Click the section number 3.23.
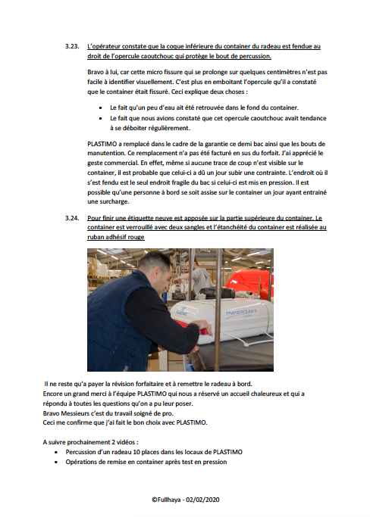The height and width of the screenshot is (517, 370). click(x=72, y=46)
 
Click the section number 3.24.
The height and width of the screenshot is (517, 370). click(x=72, y=218)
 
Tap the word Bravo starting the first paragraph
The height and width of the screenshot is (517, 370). click(x=95, y=72)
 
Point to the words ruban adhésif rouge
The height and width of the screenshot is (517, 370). click(x=116, y=237)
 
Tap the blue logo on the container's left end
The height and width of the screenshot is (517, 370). click(x=181, y=311)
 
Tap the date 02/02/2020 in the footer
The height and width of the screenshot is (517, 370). click(x=202, y=500)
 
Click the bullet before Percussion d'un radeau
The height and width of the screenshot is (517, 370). click(x=56, y=453)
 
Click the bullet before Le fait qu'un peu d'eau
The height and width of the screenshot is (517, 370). click(x=100, y=107)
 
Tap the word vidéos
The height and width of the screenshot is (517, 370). click(x=126, y=442)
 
